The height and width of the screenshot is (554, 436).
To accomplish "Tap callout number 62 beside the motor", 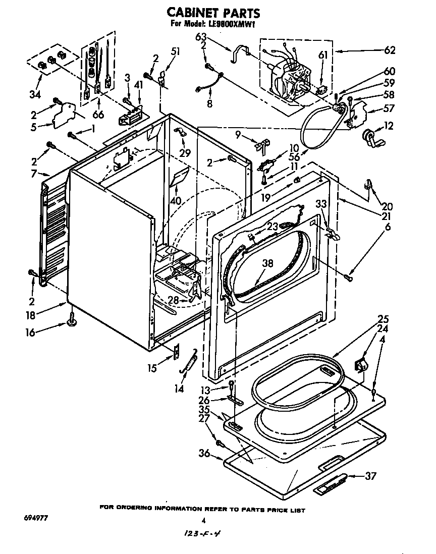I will pyautogui.click(x=389, y=50).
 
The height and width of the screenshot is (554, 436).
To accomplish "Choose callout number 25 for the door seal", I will pyautogui.click(x=383, y=318).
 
